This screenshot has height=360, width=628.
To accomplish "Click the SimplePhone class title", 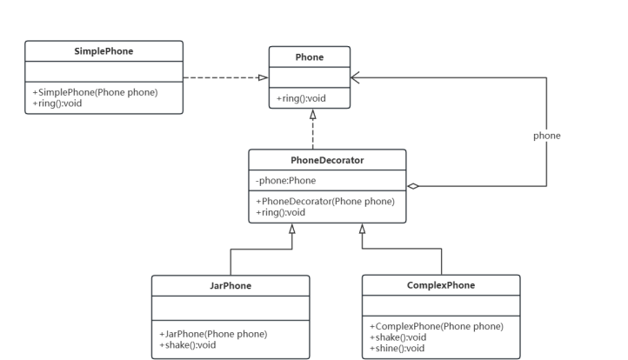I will point(104,50).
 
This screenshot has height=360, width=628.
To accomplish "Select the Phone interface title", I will point(310,57).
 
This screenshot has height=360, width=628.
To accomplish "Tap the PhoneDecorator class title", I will point(327,160).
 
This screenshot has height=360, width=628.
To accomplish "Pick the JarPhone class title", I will point(230,286).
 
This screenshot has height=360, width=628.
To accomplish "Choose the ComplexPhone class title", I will point(441,285).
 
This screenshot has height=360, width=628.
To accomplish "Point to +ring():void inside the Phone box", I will point(302,98).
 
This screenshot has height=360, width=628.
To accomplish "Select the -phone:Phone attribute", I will point(285,181).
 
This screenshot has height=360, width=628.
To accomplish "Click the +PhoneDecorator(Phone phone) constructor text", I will point(325,202).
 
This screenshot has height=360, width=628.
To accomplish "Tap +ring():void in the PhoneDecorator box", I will point(281,212).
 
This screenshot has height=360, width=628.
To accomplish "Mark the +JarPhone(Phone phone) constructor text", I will point(213,334).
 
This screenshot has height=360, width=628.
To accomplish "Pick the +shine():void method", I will point(398,348).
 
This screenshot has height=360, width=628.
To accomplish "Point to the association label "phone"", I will point(546,136).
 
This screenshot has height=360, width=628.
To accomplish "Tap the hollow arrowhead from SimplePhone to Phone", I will point(263,77).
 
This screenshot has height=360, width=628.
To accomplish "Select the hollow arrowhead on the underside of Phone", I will point(311,114).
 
